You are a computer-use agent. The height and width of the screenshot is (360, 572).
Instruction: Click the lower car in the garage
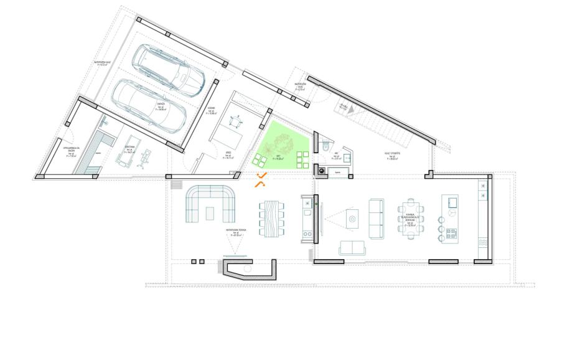point(152,108)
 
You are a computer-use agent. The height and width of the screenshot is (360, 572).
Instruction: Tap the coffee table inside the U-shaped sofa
point(211,213)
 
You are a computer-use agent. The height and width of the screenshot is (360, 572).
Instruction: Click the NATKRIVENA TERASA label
point(237,231)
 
